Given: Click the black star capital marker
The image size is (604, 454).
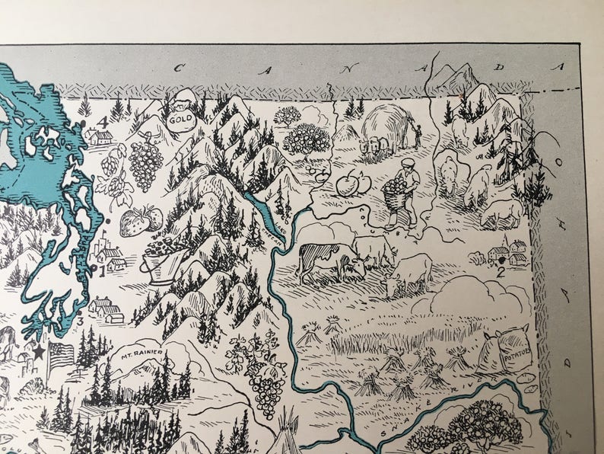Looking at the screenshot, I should pos(39,350).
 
